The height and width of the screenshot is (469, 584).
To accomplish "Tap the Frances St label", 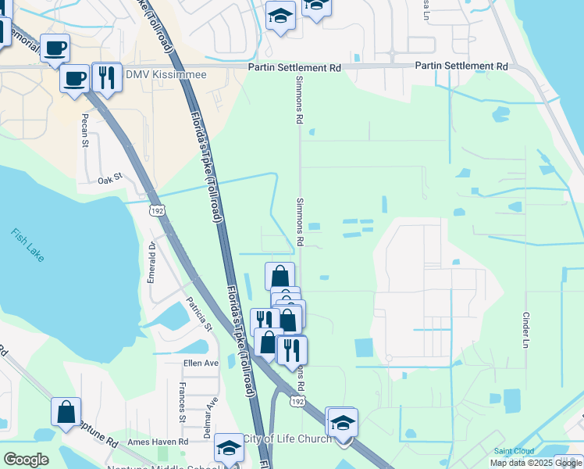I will pyautogui.click(x=182, y=403).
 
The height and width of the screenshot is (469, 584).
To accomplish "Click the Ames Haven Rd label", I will pyautogui.click(x=158, y=442).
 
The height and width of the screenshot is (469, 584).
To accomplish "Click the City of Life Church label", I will pyautogui.click(x=287, y=439).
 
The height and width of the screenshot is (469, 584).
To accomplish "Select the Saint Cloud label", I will pyautogui.click(x=513, y=451).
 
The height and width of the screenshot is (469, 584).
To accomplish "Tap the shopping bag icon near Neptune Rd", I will pyautogui.click(x=66, y=410).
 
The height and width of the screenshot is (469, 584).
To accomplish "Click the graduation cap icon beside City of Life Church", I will pyautogui.click(x=341, y=421).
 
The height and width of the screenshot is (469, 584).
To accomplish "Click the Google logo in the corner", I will pyautogui.click(x=26, y=460).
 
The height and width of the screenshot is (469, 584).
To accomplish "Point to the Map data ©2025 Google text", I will pyautogui.click(x=536, y=463).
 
